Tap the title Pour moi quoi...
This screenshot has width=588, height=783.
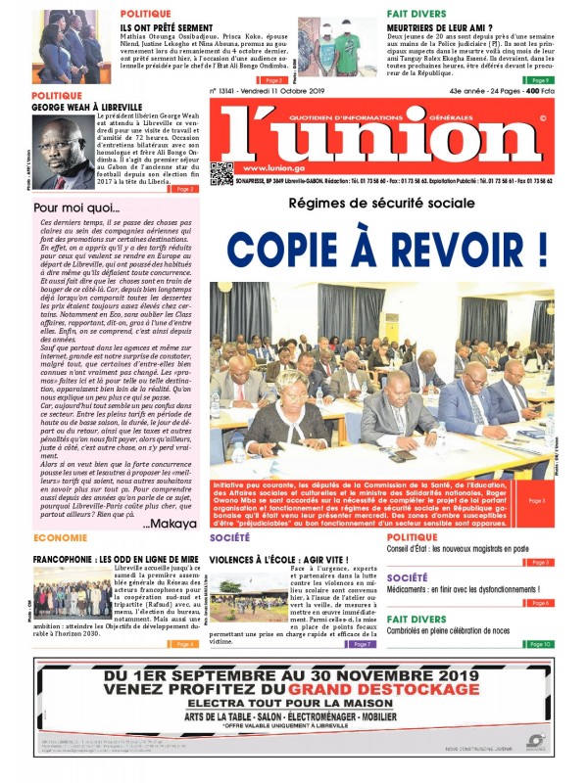coord(76,207)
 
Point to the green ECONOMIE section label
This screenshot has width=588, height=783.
coord(61,538)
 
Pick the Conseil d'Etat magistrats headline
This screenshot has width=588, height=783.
coord(458,549)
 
